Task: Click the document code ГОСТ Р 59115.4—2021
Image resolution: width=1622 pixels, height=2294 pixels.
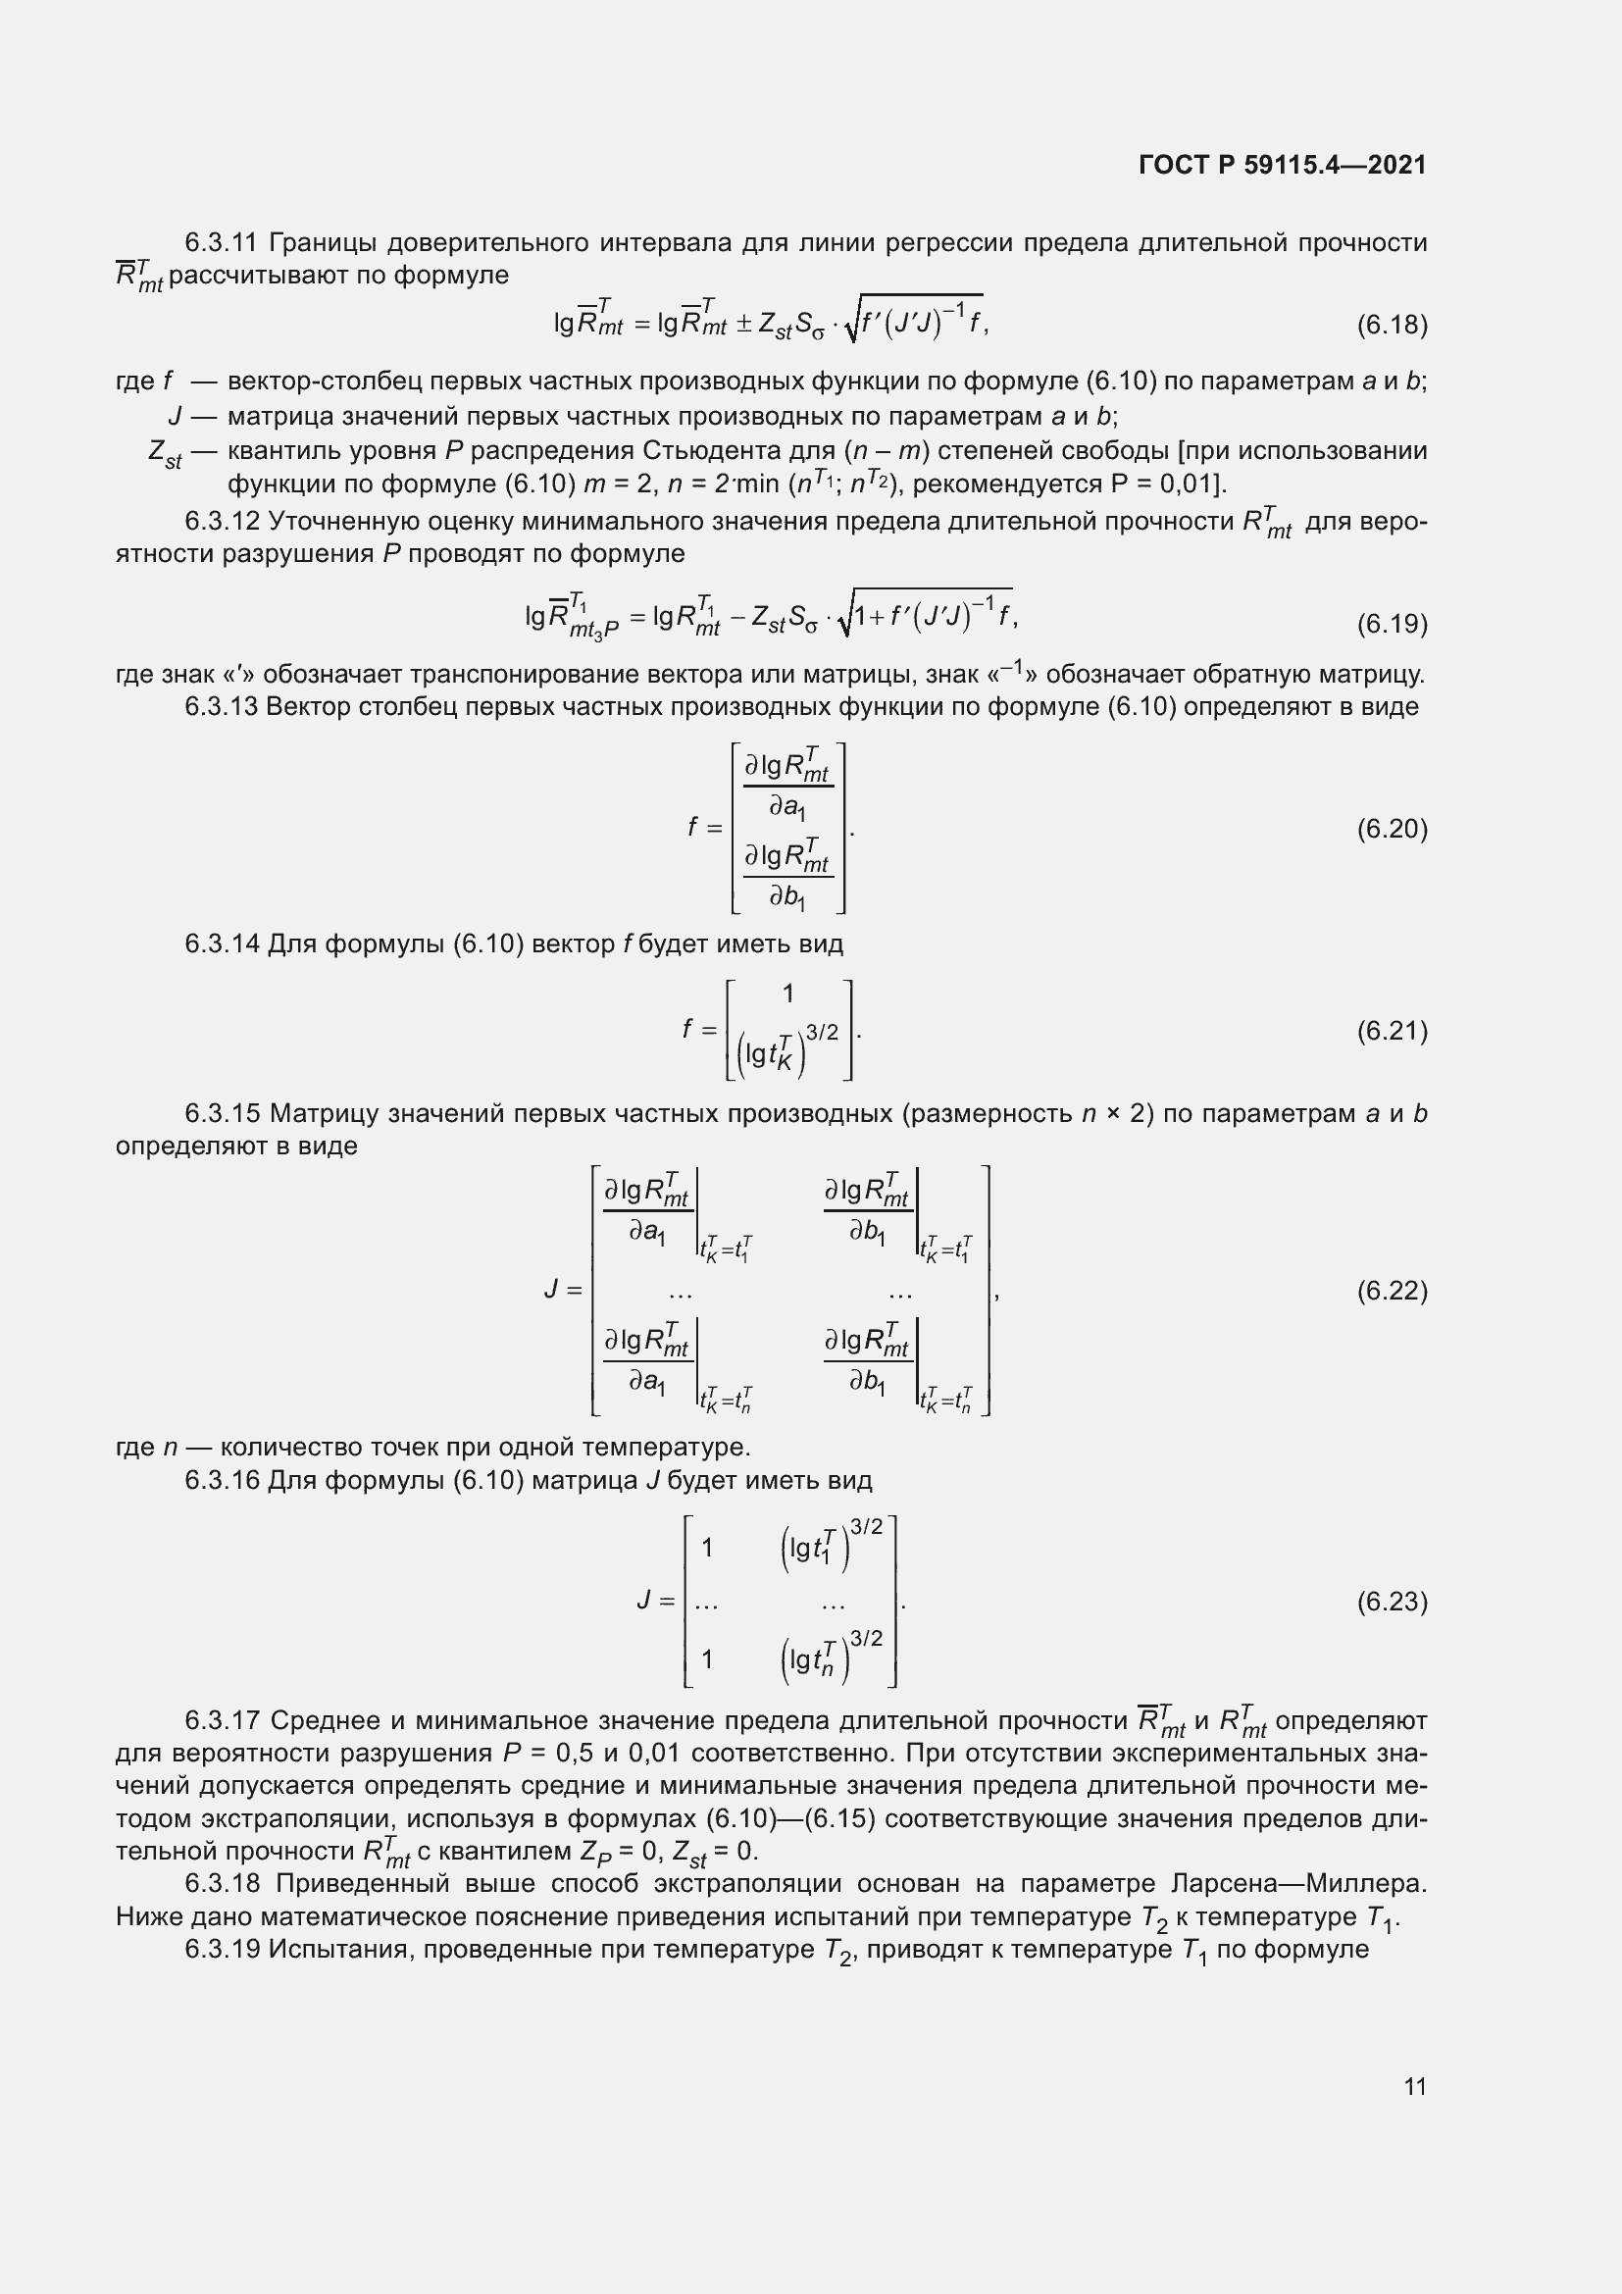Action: pyautogui.click(x=1282, y=165)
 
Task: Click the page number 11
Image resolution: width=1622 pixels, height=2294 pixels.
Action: pyautogui.click(x=1414, y=2086)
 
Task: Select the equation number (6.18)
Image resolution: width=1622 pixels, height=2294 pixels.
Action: pyautogui.click(x=1392, y=324)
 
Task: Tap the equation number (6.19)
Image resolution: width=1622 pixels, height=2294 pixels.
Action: pyautogui.click(x=1392, y=624)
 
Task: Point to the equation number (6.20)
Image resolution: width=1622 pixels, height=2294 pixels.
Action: pyautogui.click(x=1392, y=829)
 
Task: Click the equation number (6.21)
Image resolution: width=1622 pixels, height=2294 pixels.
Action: pyautogui.click(x=1392, y=1030)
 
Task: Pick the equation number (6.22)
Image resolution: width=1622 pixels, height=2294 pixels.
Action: pyautogui.click(x=1392, y=1290)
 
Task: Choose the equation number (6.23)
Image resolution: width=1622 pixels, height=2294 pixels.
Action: pyautogui.click(x=1392, y=1602)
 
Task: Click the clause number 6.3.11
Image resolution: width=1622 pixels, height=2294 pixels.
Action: pyautogui.click(x=222, y=243)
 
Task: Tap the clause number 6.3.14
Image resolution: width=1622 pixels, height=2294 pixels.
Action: pyautogui.click(x=222, y=943)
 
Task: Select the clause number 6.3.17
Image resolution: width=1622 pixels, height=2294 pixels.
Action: pyautogui.click(x=222, y=1720)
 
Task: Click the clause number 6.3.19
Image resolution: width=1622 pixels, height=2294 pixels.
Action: pyautogui.click(x=222, y=1950)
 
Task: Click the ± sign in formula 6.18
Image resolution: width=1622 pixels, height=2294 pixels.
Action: pyautogui.click(x=744, y=324)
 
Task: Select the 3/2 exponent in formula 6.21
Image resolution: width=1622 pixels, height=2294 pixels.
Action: pyautogui.click(x=822, y=1032)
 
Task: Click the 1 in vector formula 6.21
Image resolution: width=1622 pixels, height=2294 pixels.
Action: pyautogui.click(x=788, y=994)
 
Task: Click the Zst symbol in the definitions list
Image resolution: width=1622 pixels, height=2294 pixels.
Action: pyautogui.click(x=165, y=454)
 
